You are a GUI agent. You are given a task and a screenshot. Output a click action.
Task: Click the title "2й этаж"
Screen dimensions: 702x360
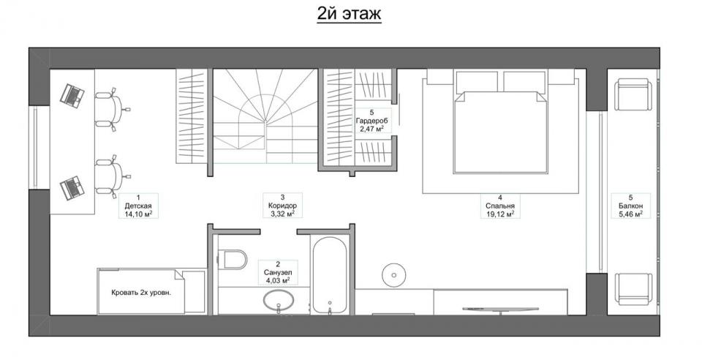click(x=349, y=13)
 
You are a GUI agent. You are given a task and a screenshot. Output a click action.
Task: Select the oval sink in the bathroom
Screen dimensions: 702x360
click(x=278, y=301)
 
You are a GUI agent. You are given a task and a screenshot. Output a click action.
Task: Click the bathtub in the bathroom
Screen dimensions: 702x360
click(x=330, y=275)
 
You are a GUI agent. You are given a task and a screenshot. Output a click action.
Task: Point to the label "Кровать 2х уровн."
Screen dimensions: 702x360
click(x=141, y=293)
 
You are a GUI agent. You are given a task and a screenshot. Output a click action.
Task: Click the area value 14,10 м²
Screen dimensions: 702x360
click(x=138, y=214)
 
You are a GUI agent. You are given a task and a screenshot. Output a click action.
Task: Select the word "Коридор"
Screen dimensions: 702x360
click(x=282, y=206)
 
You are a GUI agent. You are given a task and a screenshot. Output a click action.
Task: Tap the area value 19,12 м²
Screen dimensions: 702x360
click(x=499, y=214)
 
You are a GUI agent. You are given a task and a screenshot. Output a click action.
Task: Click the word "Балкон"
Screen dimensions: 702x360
click(x=630, y=206)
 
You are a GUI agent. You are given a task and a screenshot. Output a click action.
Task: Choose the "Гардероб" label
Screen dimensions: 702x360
click(x=371, y=121)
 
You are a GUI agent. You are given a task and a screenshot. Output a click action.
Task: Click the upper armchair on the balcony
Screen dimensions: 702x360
click(x=633, y=94)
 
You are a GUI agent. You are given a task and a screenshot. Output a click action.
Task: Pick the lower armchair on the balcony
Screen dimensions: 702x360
click(x=633, y=289)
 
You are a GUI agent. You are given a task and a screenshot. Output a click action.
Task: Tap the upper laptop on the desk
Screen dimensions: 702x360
click(x=72, y=95)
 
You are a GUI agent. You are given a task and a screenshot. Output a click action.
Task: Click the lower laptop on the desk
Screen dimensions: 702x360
click(x=72, y=187)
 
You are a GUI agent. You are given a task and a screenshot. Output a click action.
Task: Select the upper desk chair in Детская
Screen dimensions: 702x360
click(x=111, y=109)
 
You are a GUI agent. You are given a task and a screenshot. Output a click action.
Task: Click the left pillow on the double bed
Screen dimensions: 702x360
click(x=478, y=80)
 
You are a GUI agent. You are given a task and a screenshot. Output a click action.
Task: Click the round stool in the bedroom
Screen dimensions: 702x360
click(x=394, y=274)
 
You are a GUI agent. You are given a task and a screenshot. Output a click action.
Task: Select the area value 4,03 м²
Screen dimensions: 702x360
click(x=278, y=281)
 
